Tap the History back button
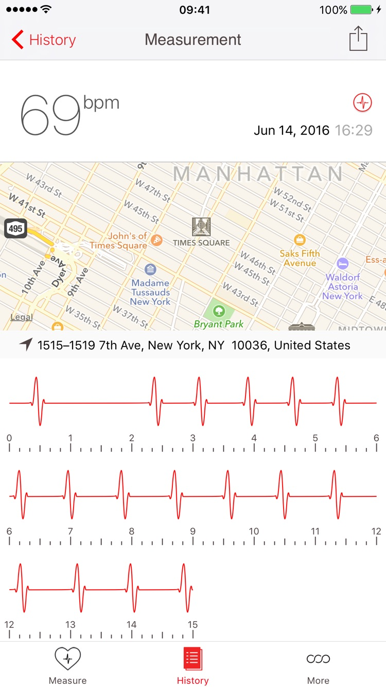coord(44,40)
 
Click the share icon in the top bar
coord(358,39)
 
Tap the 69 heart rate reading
coord(50,115)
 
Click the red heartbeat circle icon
coord(362,102)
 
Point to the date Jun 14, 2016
coord(291,130)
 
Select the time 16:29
coord(354,130)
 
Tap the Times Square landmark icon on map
coord(201,227)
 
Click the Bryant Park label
coord(219,324)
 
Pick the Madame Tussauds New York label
coord(150,292)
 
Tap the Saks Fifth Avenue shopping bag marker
coord(300,239)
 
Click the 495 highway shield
coord(15,228)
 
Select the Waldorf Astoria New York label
coord(343,286)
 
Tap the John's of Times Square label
coord(119,241)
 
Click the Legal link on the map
coord(22,317)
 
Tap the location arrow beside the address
coord(26,345)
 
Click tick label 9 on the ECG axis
coord(192,531)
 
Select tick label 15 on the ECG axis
coord(192,625)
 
